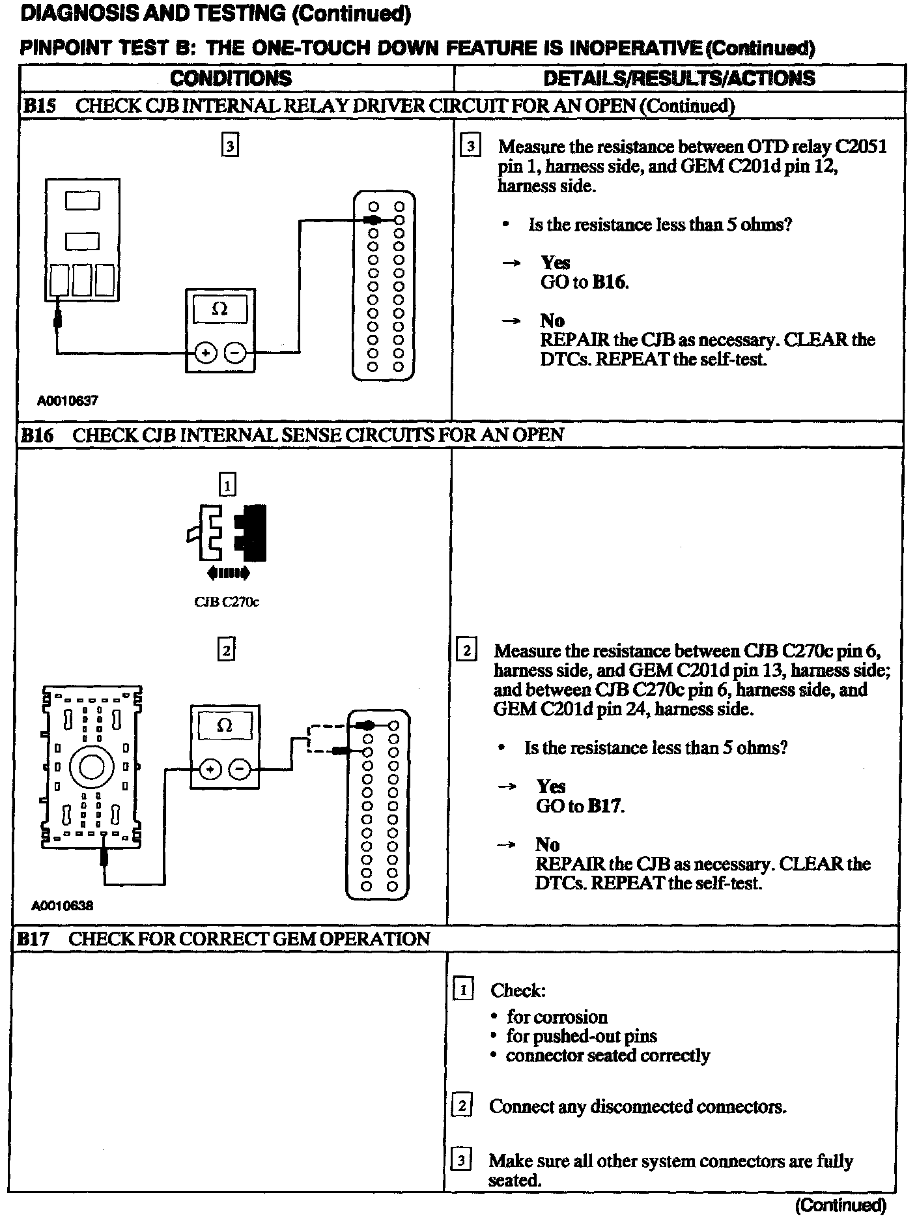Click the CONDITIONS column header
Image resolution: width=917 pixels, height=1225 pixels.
pyautogui.click(x=231, y=78)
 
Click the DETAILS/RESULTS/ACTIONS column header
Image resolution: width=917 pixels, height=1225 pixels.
pyautogui.click(x=679, y=78)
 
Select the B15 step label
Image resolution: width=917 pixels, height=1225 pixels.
pyautogui.click(x=38, y=106)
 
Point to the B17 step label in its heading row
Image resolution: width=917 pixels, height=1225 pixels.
pyautogui.click(x=33, y=939)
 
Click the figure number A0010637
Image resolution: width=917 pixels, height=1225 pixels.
pyautogui.click(x=67, y=401)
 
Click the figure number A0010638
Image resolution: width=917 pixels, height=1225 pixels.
pyautogui.click(x=62, y=906)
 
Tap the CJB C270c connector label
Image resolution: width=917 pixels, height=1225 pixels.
pyautogui.click(x=227, y=602)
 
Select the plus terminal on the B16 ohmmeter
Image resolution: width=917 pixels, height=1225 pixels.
pyautogui.click(x=210, y=770)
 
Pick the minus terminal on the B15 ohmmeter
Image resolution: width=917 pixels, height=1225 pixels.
pyautogui.click(x=235, y=353)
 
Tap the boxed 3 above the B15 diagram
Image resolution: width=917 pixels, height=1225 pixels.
pyautogui.click(x=230, y=145)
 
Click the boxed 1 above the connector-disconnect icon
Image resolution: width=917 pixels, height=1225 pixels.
pyautogui.click(x=227, y=485)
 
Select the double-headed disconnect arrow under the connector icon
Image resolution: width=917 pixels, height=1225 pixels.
pyautogui.click(x=227, y=573)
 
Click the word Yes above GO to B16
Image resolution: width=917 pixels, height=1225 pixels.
pyautogui.click(x=556, y=263)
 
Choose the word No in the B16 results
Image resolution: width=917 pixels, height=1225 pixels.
pyautogui.click(x=548, y=844)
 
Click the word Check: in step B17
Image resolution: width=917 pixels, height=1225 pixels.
pyautogui.click(x=518, y=990)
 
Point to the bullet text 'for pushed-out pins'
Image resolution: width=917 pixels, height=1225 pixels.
pyautogui.click(x=582, y=1036)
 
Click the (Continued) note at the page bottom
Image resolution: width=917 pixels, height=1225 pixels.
pyautogui.click(x=840, y=1205)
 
